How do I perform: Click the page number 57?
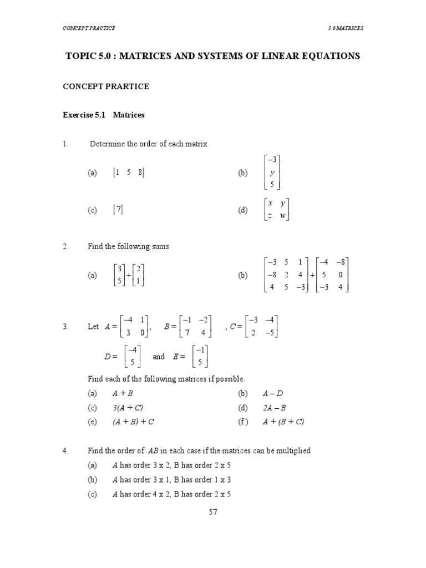213,512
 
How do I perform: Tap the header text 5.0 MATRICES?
346,28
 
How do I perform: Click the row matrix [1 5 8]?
128,173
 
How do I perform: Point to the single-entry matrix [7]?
118,210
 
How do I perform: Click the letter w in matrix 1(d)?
282,216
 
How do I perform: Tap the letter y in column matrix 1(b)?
272,173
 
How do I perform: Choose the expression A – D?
273,394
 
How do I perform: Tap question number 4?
65,451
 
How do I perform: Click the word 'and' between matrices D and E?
159,357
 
